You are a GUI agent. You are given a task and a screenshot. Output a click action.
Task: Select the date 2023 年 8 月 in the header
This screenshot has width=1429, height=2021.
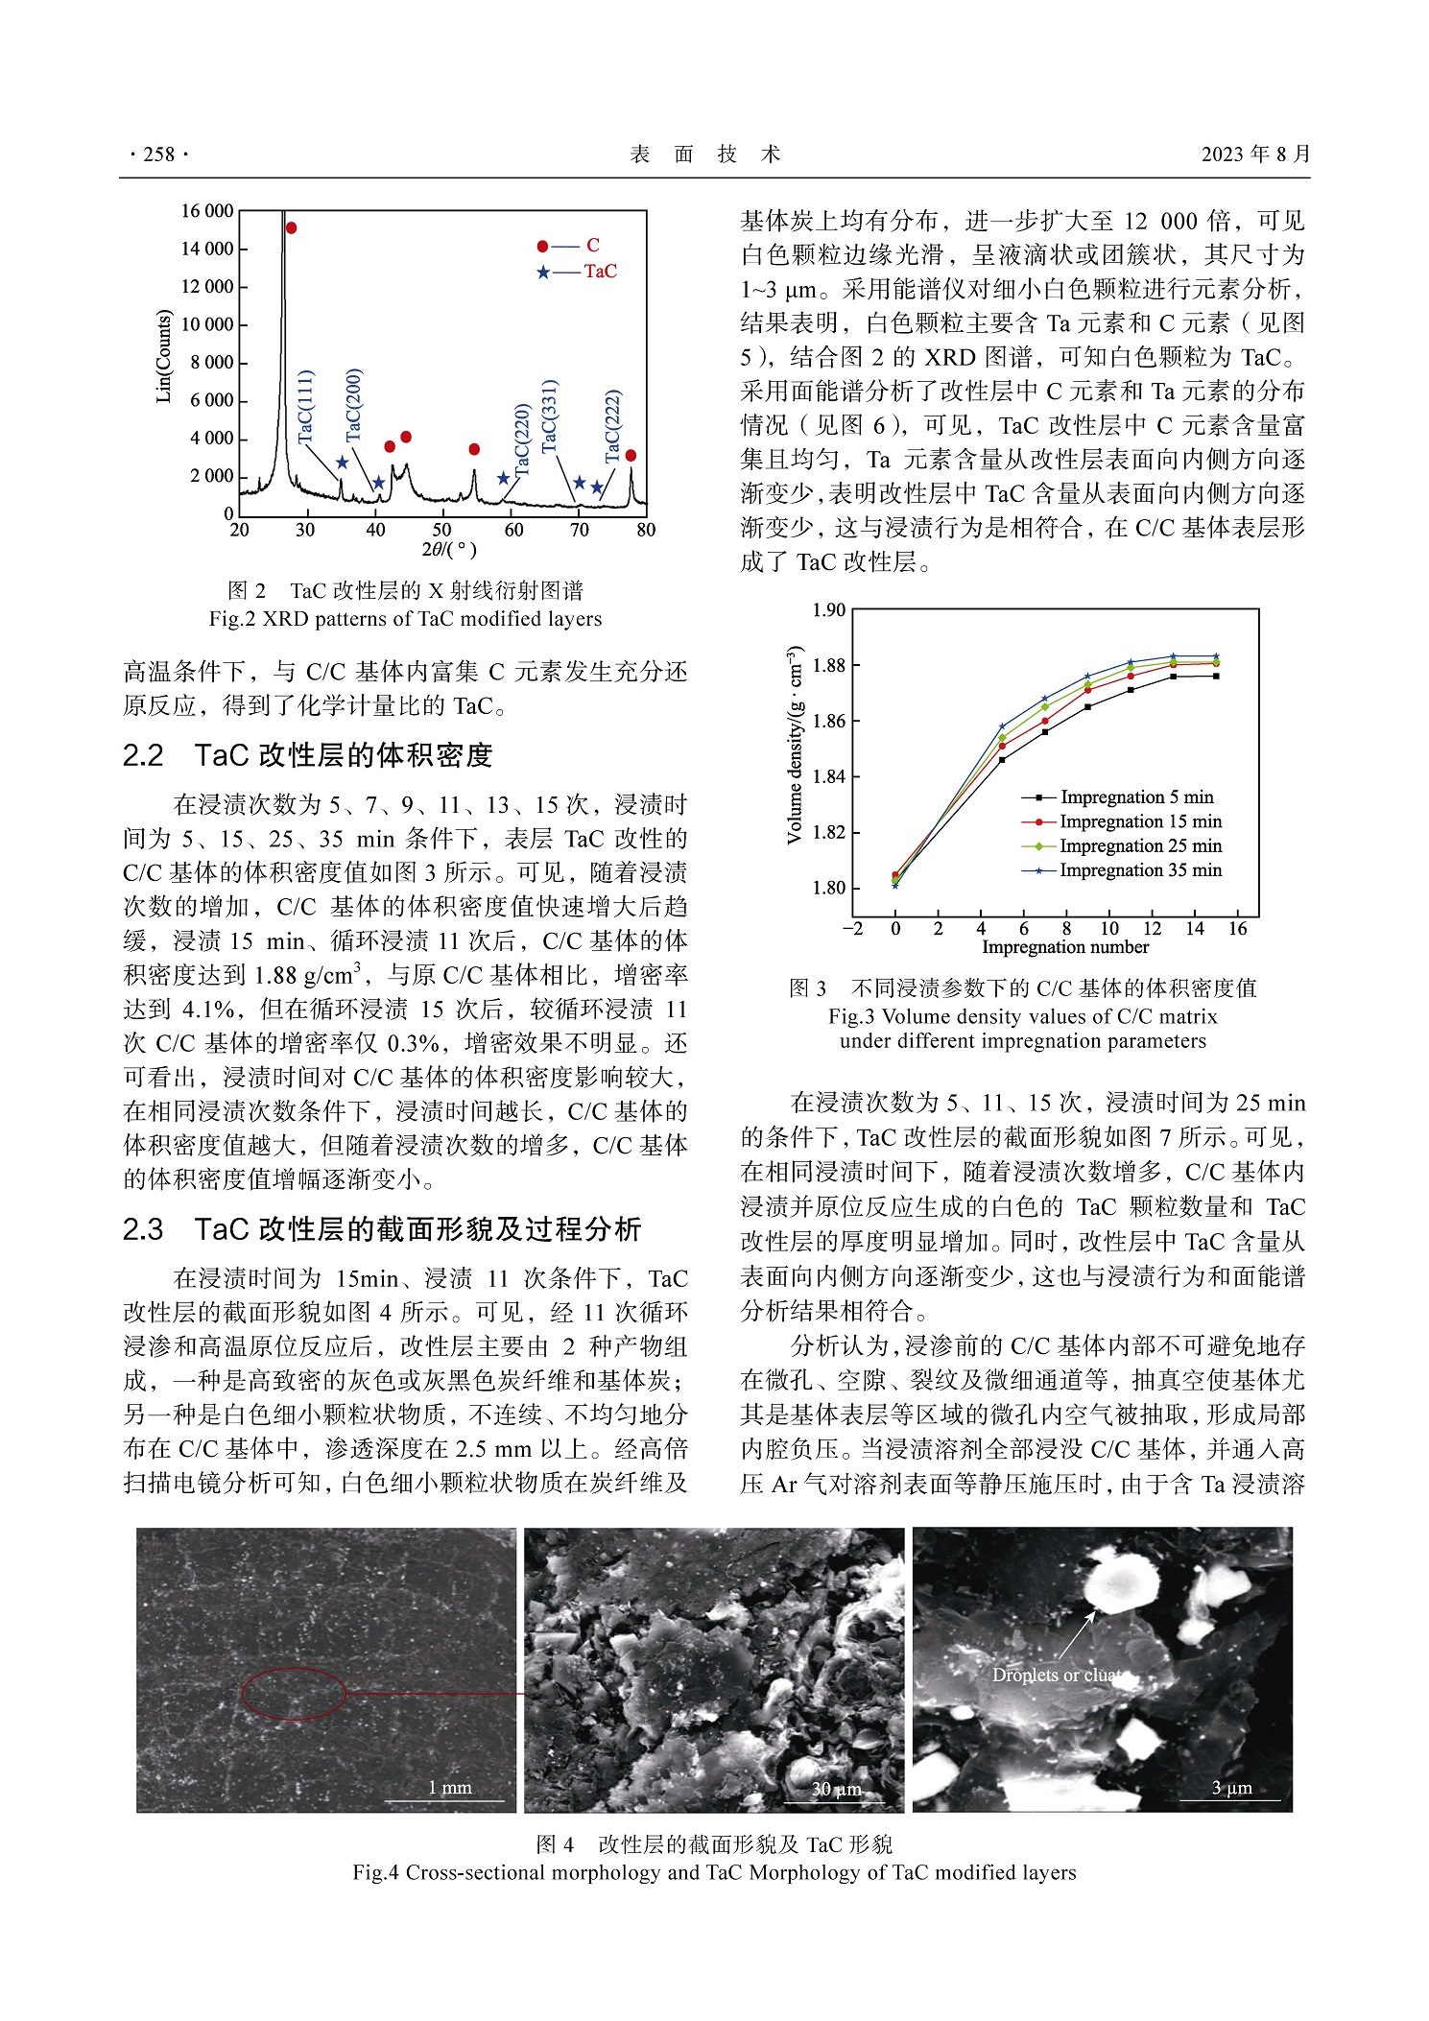pos(1255,155)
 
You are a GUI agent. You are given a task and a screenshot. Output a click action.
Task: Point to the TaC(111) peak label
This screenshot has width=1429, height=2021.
pos(306,407)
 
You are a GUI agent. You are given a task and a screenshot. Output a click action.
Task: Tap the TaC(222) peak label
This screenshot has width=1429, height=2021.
pos(613,426)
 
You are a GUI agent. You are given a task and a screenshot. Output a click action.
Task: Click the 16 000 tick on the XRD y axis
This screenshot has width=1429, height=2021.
pos(207,211)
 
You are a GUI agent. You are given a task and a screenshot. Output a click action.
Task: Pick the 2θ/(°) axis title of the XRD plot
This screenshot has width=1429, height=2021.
pos(448,550)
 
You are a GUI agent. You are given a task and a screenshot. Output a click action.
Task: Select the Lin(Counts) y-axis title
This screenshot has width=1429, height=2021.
pos(164,356)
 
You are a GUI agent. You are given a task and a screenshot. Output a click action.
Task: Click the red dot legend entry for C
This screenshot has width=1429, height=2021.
pos(570,246)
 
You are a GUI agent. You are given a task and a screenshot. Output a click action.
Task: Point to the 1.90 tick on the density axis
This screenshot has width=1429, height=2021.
pos(829,610)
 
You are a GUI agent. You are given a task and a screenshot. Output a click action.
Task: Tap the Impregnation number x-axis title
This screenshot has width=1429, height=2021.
pos(1065,947)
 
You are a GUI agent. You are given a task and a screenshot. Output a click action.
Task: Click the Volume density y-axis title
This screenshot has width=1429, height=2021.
pos(795,746)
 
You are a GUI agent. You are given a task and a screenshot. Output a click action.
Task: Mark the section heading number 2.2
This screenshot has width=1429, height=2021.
pos(143,755)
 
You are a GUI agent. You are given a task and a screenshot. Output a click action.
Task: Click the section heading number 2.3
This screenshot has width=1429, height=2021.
pos(143,1229)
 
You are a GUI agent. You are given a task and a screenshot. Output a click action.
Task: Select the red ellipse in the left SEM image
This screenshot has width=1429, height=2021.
pos(294,1693)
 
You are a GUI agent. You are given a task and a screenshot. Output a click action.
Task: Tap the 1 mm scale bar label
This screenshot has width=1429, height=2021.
pos(449,1787)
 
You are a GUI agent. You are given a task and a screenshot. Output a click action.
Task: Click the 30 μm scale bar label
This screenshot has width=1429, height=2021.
pos(836,1789)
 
